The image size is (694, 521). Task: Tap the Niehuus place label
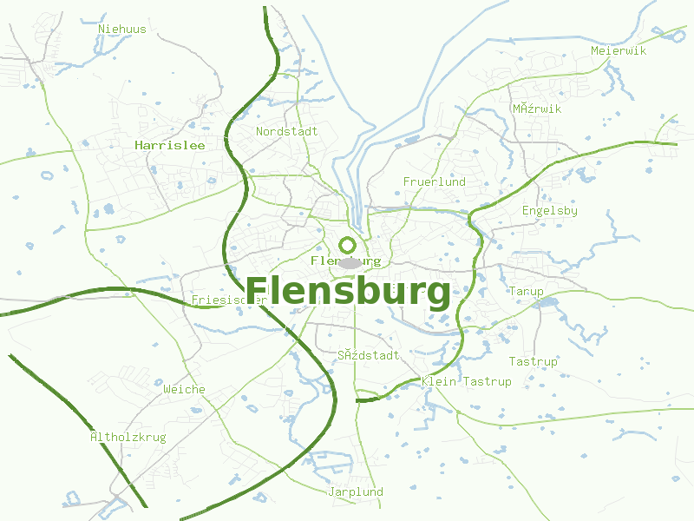122,29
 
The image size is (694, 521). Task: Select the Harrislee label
170,145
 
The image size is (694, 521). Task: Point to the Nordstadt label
286,131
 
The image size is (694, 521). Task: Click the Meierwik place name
619,50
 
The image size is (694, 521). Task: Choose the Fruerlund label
434,181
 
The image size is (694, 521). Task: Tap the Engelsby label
549,210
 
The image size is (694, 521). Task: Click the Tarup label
527,291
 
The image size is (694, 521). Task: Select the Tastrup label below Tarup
533,361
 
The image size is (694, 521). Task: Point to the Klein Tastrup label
466,381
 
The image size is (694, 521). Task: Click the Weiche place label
184,389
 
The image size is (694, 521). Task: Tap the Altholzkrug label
128,437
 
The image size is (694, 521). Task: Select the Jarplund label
355,491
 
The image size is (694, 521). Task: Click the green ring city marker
348,245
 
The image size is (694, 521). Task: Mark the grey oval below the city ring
350,263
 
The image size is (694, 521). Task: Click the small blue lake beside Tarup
547,303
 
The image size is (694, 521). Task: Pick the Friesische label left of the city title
228,300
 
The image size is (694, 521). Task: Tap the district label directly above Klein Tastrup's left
369,355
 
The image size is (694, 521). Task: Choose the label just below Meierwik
536,109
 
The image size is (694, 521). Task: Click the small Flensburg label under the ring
345,260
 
